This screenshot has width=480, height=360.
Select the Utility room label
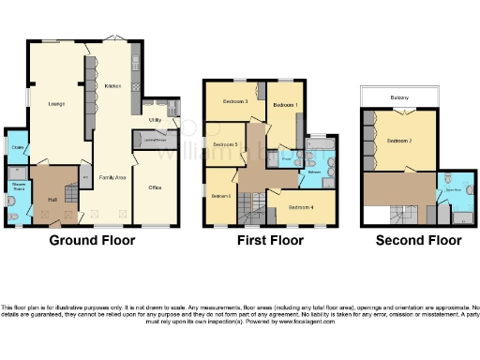pyautogui.click(x=152, y=120)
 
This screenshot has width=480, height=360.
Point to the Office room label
pyautogui.click(x=155, y=187)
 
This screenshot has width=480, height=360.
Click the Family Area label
pyautogui.click(x=112, y=176)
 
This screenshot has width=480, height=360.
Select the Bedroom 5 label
pyautogui.click(x=224, y=144)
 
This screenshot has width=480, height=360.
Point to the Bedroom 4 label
pyautogui.click(x=300, y=206)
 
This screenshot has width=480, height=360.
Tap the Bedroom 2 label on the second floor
pyautogui.click(x=399, y=141)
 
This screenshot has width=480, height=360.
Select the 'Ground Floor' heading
pyautogui.click(x=92, y=240)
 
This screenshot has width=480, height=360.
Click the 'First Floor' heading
pyautogui.click(x=269, y=240)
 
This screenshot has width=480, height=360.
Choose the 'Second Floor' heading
pyautogui.click(x=418, y=240)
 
